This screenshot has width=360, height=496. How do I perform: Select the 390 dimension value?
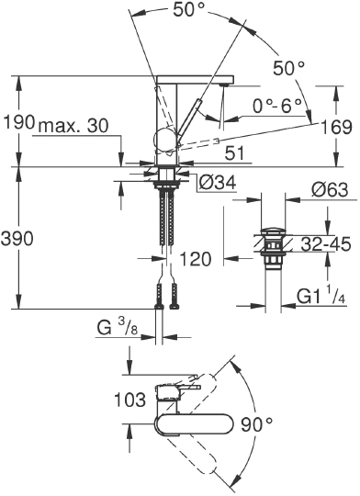[x=17, y=238]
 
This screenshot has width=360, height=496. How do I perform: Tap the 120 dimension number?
[x=198, y=259]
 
